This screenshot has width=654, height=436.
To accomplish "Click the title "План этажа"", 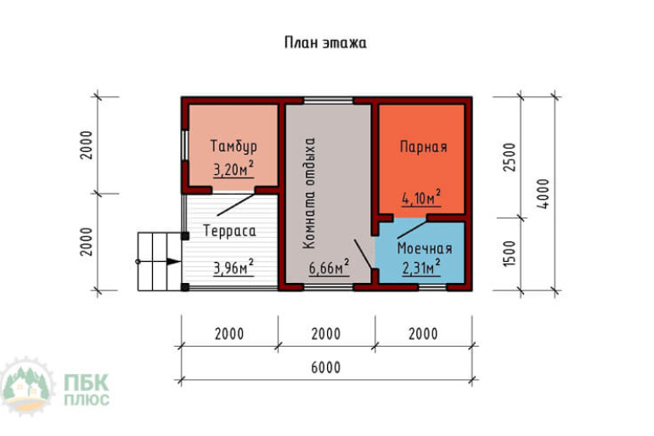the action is pyautogui.click(x=325, y=42).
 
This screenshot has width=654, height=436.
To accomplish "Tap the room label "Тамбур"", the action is pyautogui.click(x=234, y=146).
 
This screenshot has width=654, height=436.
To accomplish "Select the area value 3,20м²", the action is pyautogui.click(x=234, y=169).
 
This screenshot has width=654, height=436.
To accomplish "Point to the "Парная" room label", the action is pyautogui.click(x=423, y=147).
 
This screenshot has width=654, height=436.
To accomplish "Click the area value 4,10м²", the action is pyautogui.click(x=421, y=198).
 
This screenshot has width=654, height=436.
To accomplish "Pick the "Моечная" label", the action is pyautogui.click(x=425, y=248).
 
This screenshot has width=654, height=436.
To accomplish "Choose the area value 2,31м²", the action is pyautogui.click(x=421, y=268).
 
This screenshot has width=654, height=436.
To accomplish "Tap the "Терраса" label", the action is pyautogui.click(x=229, y=230).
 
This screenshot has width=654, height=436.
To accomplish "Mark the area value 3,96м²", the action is pyautogui.click(x=234, y=268).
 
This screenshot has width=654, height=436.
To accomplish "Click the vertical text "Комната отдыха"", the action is pyautogui.click(x=309, y=193).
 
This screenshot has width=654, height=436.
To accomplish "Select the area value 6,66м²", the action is pyautogui.click(x=329, y=268).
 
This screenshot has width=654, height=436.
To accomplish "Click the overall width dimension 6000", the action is pyautogui.click(x=326, y=367).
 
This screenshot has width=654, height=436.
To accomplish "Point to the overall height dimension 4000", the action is pyautogui.click(x=543, y=194).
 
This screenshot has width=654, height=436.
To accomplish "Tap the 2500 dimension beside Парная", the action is pyautogui.click(x=510, y=157).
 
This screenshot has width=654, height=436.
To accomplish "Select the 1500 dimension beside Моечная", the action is pyautogui.click(x=510, y=253).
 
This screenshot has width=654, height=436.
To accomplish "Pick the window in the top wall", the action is pyautogui.click(x=328, y=100).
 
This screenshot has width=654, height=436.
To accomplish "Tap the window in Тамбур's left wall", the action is pyautogui.click(x=184, y=145).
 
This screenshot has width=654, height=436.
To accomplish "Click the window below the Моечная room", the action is pyautogui.click(x=432, y=287).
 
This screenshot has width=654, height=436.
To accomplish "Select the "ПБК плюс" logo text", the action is pyautogui.click(x=87, y=389).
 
